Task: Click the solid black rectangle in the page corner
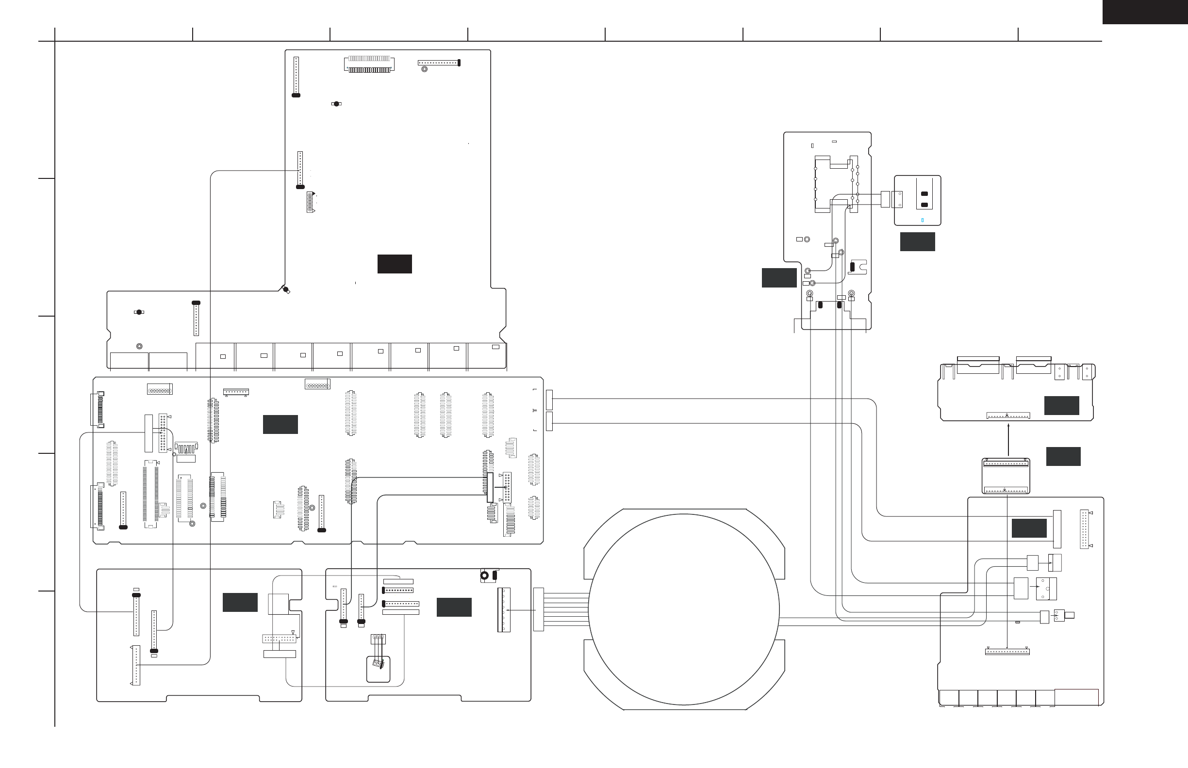[x=1145, y=12]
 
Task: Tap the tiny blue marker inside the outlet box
[x=922, y=220]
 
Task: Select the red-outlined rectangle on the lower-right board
[x=1077, y=697]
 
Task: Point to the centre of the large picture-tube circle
[x=684, y=609]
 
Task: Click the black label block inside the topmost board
[x=395, y=264]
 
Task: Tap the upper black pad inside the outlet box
[x=924, y=193]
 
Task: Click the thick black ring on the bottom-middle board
[x=484, y=576]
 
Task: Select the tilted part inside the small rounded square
[x=379, y=664]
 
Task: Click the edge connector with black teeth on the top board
[x=369, y=64]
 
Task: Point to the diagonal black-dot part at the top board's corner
[x=286, y=290]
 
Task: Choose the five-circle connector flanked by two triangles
[x=311, y=202]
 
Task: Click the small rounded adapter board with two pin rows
[x=1006, y=476]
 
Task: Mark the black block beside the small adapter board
[x=1063, y=456]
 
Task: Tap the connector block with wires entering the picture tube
[x=538, y=609]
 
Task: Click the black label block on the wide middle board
[x=280, y=424]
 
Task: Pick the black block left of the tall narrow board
[x=779, y=278]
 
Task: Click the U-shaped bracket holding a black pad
[x=858, y=267]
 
